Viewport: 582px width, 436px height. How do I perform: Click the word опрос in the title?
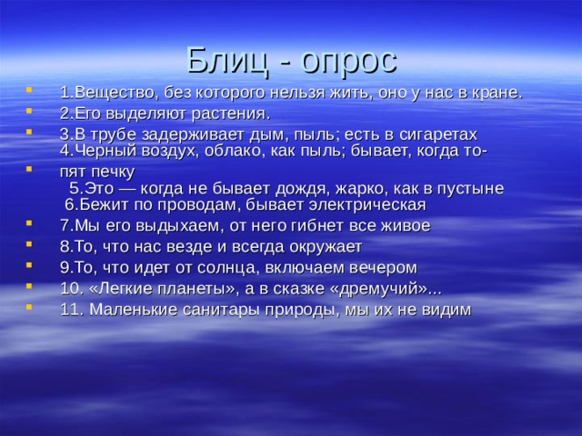pos(349,60)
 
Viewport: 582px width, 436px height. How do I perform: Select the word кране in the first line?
pos(497,93)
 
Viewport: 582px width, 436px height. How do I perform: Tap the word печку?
pos(113,171)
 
